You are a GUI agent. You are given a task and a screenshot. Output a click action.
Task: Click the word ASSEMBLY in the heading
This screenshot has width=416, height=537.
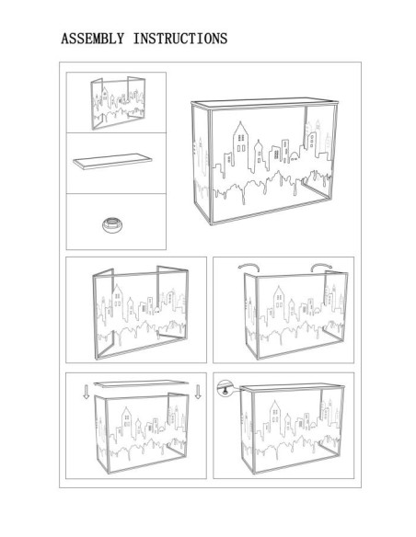tap(93, 39)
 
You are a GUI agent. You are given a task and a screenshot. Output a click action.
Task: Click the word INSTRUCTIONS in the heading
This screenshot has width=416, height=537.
tap(180, 39)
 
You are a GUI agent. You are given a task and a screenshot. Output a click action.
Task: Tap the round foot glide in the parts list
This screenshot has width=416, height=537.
tap(112, 224)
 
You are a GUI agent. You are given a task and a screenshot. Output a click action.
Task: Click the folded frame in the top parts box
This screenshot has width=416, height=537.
tap(118, 103)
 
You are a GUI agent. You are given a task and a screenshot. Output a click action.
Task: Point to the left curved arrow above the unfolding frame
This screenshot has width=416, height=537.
tap(248, 266)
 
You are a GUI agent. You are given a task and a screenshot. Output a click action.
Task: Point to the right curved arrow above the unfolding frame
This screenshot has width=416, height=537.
tap(321, 266)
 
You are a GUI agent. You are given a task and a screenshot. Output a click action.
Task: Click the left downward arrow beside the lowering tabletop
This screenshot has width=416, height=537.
tap(87, 392)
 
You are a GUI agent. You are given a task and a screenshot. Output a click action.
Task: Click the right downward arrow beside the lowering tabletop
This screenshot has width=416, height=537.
tap(198, 392)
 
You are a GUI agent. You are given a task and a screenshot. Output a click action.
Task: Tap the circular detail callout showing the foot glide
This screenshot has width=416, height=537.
tap(225, 389)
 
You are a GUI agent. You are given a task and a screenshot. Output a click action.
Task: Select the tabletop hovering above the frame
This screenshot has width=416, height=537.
tap(141, 383)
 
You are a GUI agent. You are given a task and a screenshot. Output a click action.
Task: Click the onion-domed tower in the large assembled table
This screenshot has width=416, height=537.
tap(259, 155)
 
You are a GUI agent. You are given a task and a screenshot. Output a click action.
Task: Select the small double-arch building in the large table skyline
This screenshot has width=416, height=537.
tap(295, 158)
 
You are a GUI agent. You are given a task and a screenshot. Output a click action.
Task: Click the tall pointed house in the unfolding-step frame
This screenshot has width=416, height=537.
tap(279, 303)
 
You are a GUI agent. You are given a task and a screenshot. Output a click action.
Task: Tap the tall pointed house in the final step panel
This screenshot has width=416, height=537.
tap(275, 417)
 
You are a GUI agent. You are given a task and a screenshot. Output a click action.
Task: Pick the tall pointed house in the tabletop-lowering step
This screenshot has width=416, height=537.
tap(126, 423)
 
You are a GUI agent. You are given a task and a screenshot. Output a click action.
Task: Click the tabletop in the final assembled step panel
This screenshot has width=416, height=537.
tap(292, 387)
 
